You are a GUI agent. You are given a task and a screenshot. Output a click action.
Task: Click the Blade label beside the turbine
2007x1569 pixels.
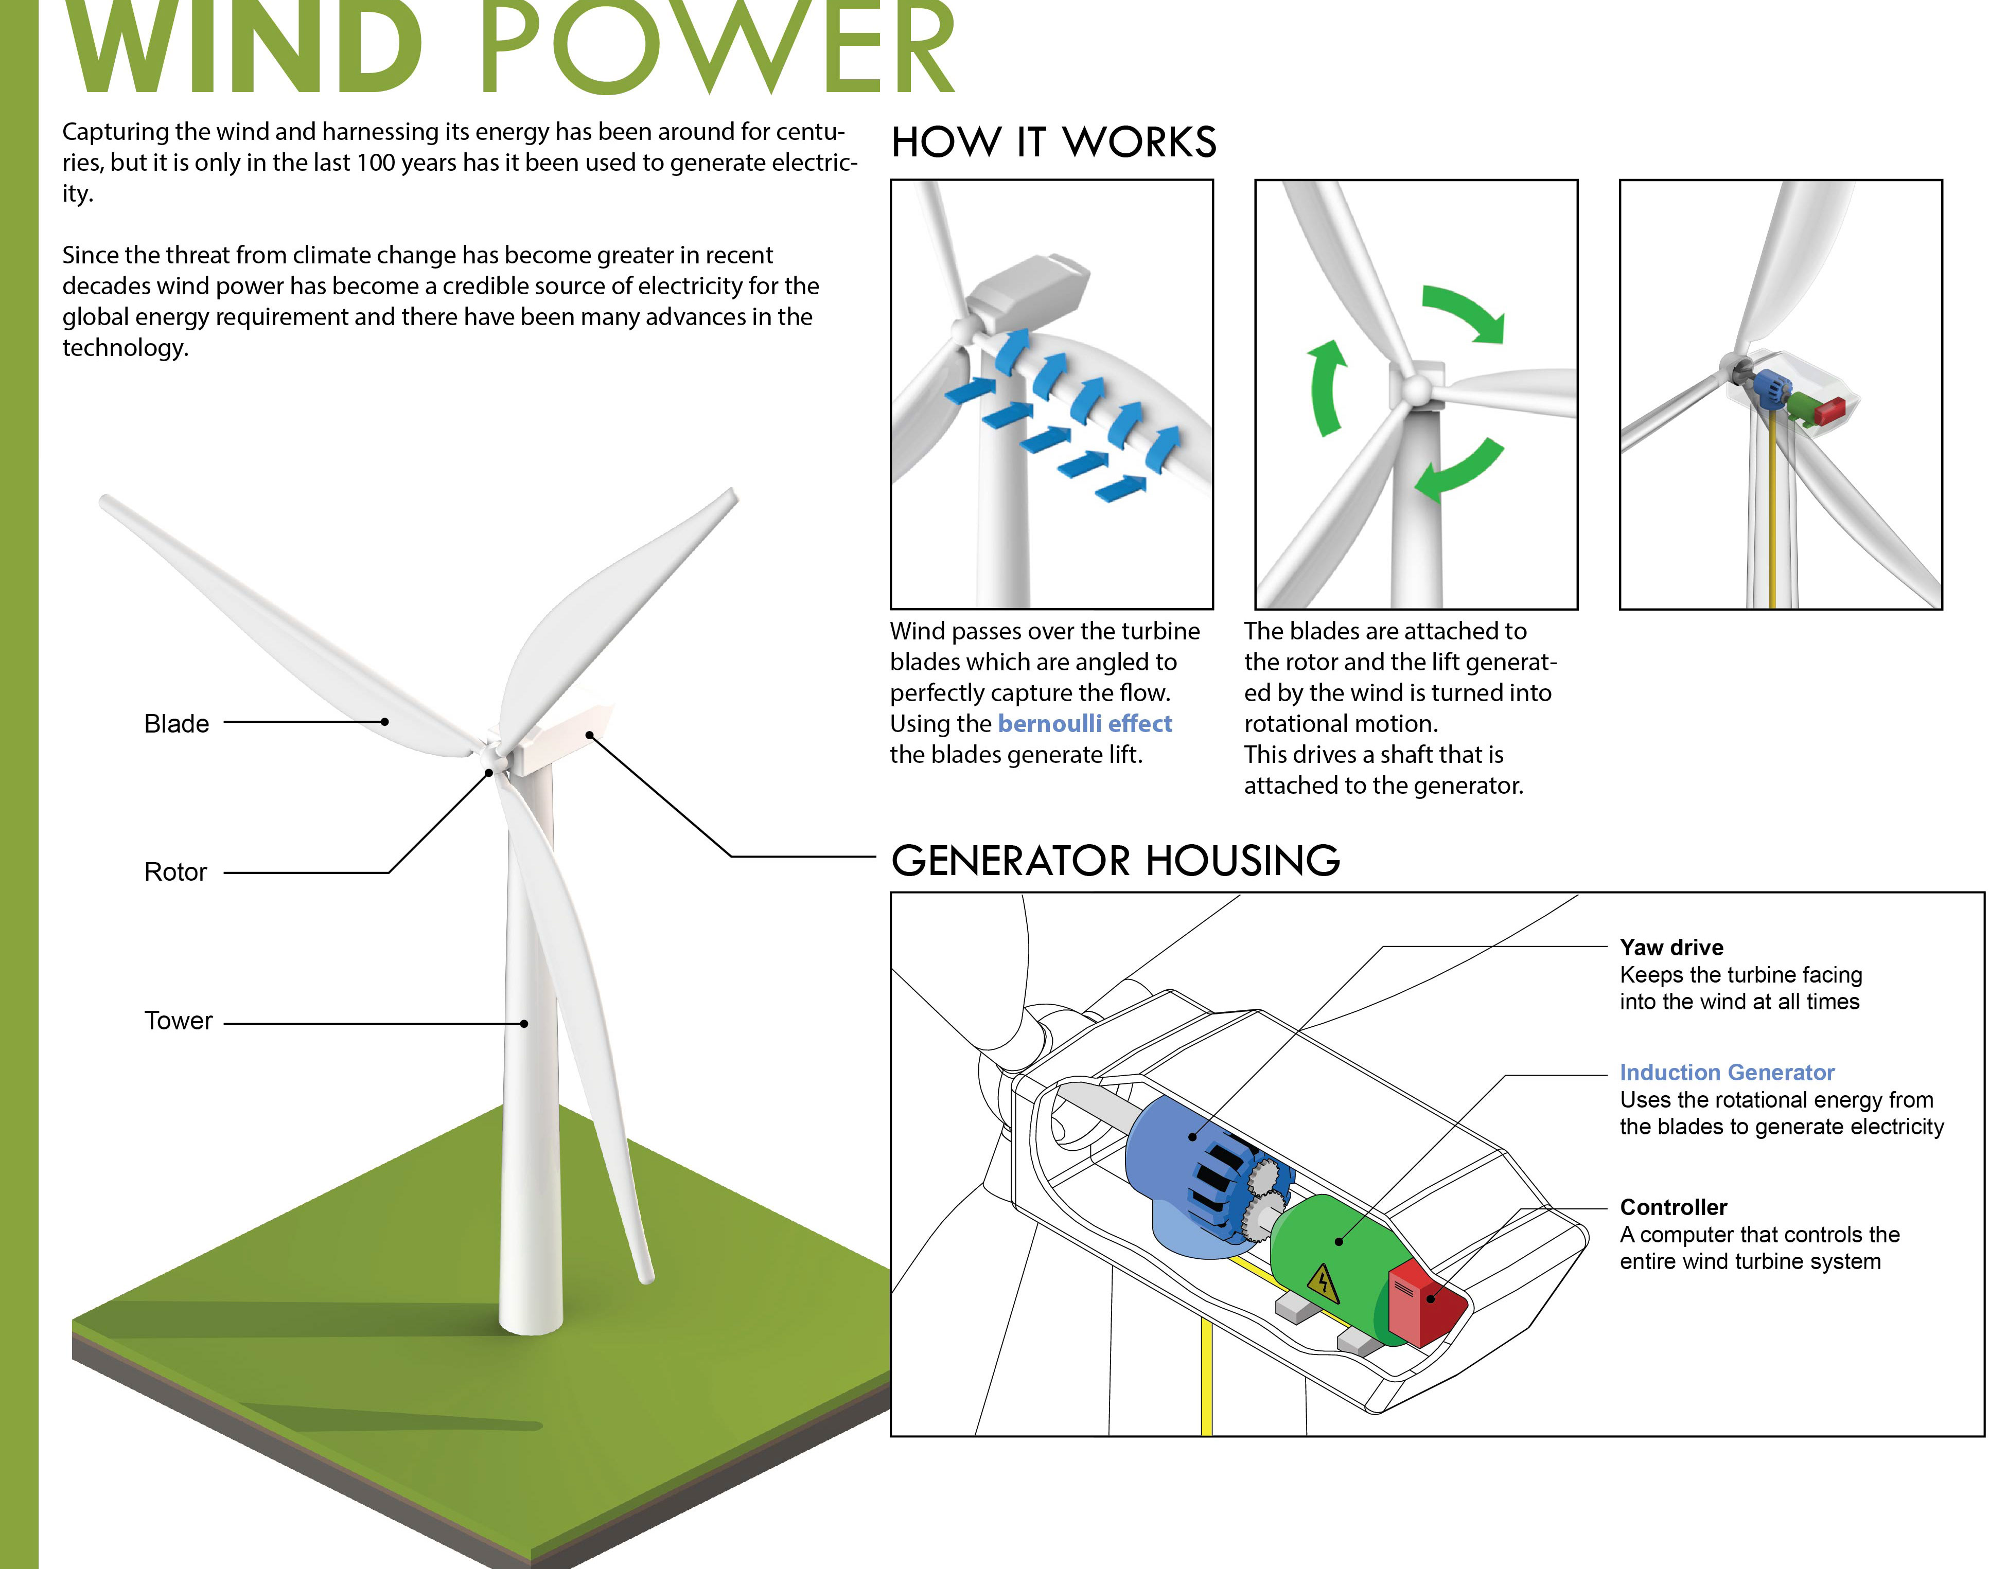[x=177, y=724]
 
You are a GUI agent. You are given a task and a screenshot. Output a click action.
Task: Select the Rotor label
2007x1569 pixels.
[x=175, y=872]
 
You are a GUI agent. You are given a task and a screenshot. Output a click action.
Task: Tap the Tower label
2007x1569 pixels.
[x=178, y=1021]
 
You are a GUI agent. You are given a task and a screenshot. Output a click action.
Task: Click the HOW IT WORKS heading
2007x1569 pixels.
[x=1054, y=142]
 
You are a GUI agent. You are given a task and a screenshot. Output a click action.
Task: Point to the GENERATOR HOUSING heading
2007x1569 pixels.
[x=1116, y=861]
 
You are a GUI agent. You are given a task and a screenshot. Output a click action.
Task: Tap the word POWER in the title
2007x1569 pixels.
[x=717, y=48]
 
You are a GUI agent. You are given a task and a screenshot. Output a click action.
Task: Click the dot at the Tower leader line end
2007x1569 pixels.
[x=524, y=1023]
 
